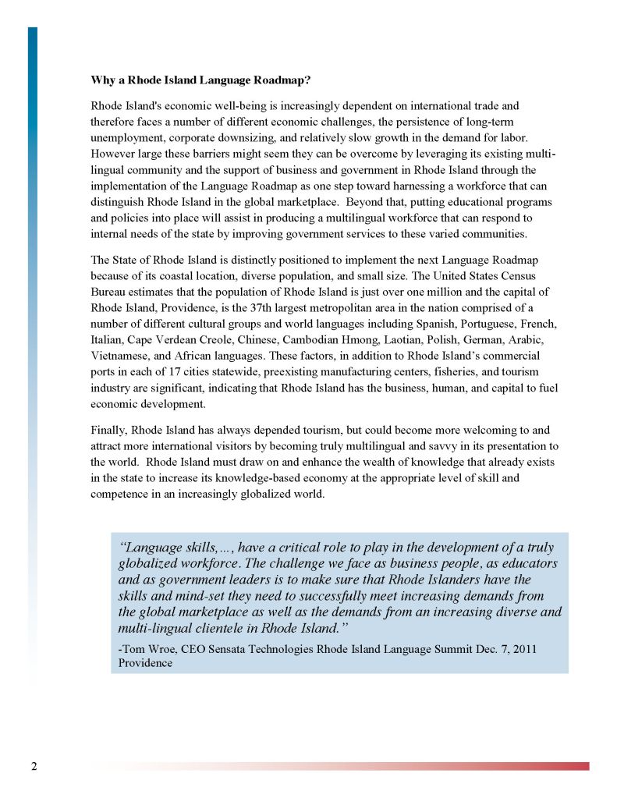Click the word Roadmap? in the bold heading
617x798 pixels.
tap(282, 80)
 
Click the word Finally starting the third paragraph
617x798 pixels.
tap(109, 430)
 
